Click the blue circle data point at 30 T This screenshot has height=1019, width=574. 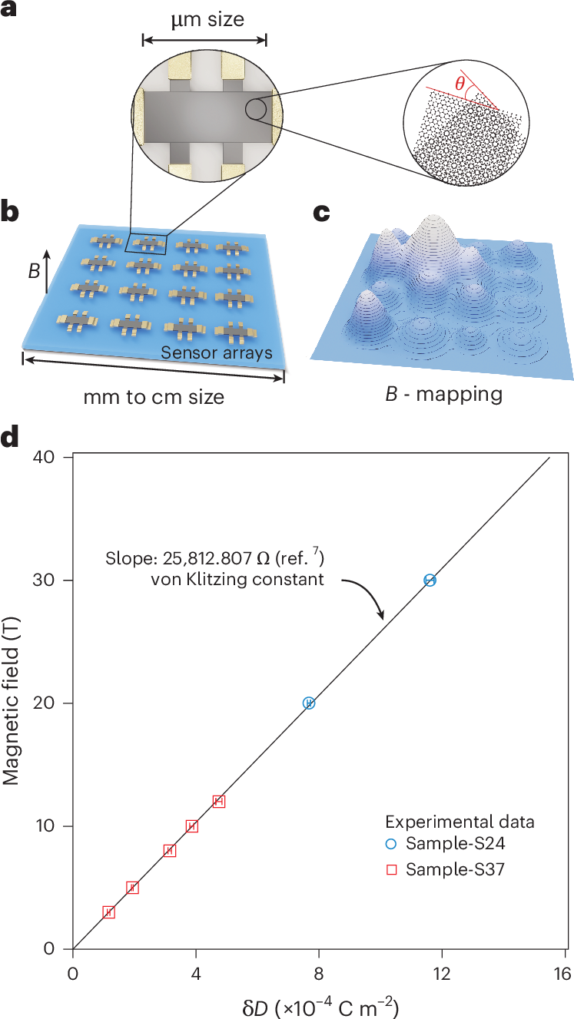pyautogui.click(x=430, y=581)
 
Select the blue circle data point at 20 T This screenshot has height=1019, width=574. pyautogui.click(x=309, y=703)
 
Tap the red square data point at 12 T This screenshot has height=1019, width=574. pyautogui.click(x=219, y=802)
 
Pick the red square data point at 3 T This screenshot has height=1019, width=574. pyautogui.click(x=109, y=912)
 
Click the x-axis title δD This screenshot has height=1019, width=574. pyautogui.click(x=318, y=1003)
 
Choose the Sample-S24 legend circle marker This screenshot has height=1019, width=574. pyautogui.click(x=391, y=845)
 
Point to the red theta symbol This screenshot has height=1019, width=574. pyautogui.click(x=460, y=84)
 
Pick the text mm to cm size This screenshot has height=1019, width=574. pyautogui.click(x=154, y=397)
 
